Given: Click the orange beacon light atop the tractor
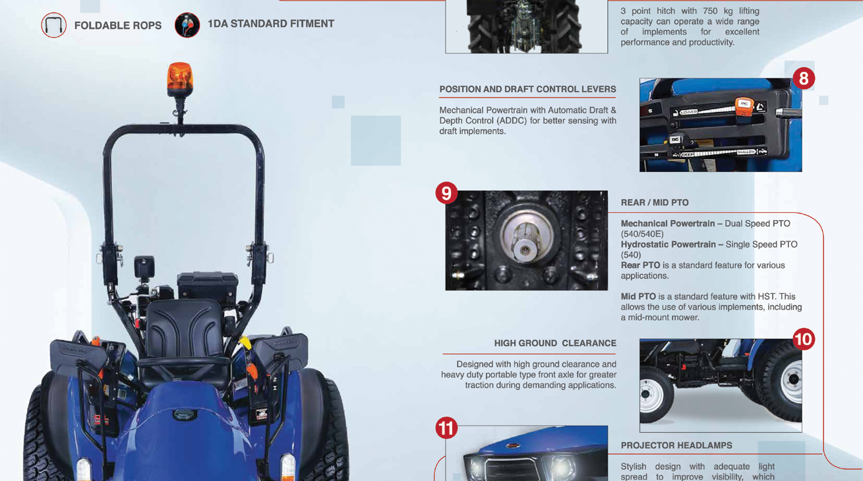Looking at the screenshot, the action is coord(179,79).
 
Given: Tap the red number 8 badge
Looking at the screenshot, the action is coord(804,78).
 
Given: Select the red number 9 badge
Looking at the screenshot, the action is coord(446,193).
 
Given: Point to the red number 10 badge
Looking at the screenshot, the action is coord(804,339).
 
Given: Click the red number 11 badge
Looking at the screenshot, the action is coord(446,428).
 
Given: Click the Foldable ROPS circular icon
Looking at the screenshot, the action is coord(54,26).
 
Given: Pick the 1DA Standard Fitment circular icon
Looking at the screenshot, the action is coord(187,26).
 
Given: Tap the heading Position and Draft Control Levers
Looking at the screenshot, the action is coord(527,90).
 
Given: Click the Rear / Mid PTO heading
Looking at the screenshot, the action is coord(655,202).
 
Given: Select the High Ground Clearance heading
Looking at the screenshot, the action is coord(555,343).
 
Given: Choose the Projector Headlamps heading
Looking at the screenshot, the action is coord(676,445).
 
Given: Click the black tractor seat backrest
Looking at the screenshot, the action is coord(184,329).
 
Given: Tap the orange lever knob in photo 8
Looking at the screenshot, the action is coord(744,107).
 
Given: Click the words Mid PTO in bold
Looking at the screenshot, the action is coord(638,297).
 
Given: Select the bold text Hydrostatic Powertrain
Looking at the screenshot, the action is coord(668,244).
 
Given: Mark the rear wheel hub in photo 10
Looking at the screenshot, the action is coord(793,380).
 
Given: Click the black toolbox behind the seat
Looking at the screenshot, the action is coord(207,286).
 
